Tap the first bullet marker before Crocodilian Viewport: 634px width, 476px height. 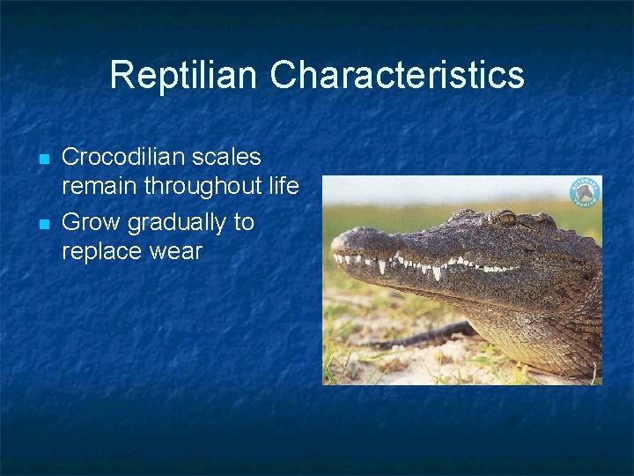(x=42, y=160)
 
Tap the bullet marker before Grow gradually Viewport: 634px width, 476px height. (x=42, y=224)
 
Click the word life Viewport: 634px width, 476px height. (x=284, y=186)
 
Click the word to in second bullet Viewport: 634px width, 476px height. (x=243, y=222)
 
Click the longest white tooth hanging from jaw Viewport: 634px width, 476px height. (x=437, y=272)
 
